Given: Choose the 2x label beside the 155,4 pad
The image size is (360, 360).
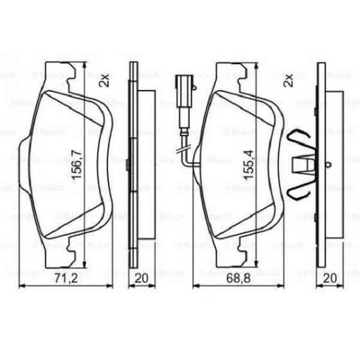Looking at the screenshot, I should (289, 80).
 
